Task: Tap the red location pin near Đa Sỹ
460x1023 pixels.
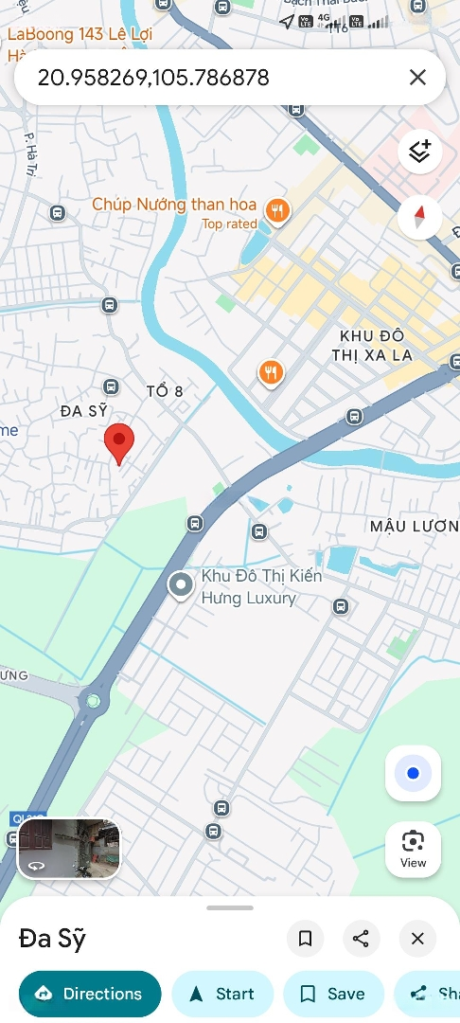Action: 118,441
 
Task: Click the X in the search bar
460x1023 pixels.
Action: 417,78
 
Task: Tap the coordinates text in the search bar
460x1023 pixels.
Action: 153,78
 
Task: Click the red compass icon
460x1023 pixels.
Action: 419,217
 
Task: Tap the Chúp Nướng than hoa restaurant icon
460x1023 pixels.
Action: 277,210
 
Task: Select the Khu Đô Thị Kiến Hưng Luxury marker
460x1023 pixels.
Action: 180,585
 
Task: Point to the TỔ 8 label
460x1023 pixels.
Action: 165,391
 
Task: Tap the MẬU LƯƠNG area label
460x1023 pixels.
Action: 414,526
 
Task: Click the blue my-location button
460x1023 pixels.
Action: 413,773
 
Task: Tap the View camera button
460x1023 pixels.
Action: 413,848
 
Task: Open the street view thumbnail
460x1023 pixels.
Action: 69,849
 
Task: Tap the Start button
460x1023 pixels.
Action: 222,994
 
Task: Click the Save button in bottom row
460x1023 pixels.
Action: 332,994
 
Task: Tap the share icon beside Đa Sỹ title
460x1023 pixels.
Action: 361,939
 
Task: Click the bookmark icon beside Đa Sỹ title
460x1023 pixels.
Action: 305,939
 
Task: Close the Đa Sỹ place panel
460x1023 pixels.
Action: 417,939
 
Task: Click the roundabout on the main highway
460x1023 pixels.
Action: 93,702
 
